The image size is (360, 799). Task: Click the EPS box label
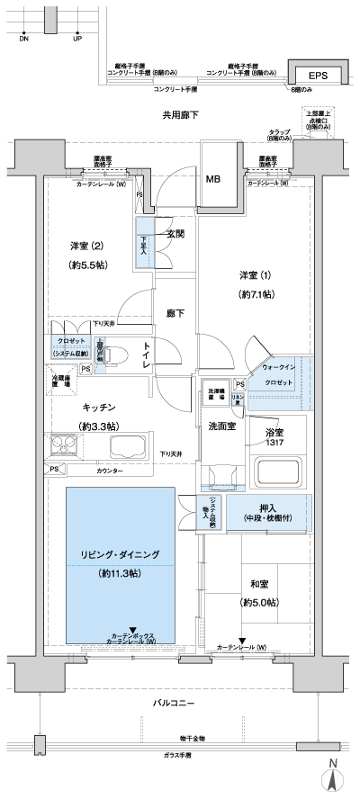pyautogui.click(x=318, y=76)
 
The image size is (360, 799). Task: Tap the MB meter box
pyautogui.click(x=213, y=178)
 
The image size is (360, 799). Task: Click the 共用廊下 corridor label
pyautogui.click(x=179, y=115)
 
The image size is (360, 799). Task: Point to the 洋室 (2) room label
pyautogui.click(x=87, y=247)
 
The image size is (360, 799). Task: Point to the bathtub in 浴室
pyautogui.click(x=281, y=471)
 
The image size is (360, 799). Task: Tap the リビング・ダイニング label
pyautogui.click(x=120, y=554)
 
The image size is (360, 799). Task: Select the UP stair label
pyautogui.click(x=77, y=40)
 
